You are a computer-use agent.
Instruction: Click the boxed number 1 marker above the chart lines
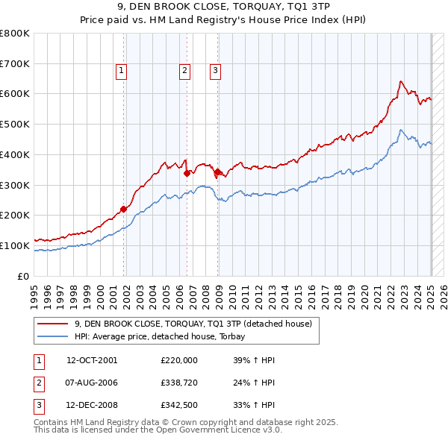121,71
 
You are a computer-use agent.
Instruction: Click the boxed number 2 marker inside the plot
184,71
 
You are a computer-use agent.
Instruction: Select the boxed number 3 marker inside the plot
215,71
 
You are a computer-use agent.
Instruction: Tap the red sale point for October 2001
124,209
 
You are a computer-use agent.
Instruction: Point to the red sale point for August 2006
187,173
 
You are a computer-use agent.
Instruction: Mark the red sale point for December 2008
218,172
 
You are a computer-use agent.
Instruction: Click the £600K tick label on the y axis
15,94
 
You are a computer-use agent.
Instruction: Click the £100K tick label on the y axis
15,245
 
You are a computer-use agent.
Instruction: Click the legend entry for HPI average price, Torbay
164,336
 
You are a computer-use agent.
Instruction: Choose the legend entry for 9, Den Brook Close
197,324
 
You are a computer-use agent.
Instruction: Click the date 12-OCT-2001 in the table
92,360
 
